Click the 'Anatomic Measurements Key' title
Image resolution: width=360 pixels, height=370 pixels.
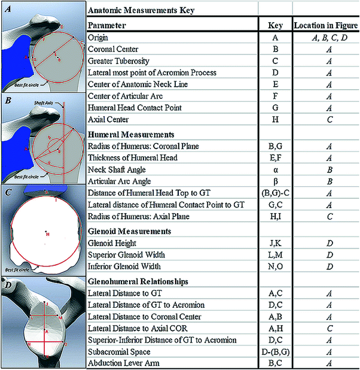(x=142, y=11)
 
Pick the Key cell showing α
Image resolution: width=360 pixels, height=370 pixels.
(x=274, y=169)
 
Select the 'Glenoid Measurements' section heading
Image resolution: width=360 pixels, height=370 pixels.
(x=130, y=231)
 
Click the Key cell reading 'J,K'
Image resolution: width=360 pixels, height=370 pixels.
(x=274, y=244)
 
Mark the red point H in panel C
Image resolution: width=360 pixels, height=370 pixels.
(x=46, y=232)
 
